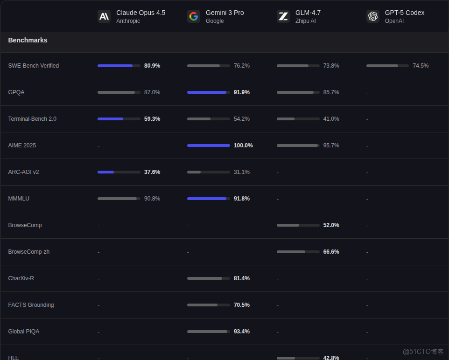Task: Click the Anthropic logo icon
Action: tap(104, 16)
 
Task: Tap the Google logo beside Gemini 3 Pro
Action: tap(194, 16)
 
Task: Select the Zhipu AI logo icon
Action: tap(283, 16)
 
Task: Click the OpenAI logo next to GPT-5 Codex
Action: tap(373, 16)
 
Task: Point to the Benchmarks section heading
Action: tap(28, 40)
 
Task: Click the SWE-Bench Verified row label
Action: tap(34, 66)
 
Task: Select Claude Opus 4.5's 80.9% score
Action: tap(152, 66)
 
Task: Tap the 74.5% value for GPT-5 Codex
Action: tap(421, 66)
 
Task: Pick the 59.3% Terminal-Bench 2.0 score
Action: tap(152, 119)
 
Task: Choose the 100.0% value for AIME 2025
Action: tap(243, 145)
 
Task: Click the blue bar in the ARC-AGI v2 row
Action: tap(106, 172)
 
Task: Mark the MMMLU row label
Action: tap(19, 199)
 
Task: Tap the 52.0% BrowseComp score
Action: tap(331, 225)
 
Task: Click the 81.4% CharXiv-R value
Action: tap(242, 278)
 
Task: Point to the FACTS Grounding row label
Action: tap(31, 305)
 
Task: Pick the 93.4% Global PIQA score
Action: tap(242, 332)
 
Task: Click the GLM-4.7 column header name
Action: tap(308, 13)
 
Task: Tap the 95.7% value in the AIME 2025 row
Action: tap(331, 145)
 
